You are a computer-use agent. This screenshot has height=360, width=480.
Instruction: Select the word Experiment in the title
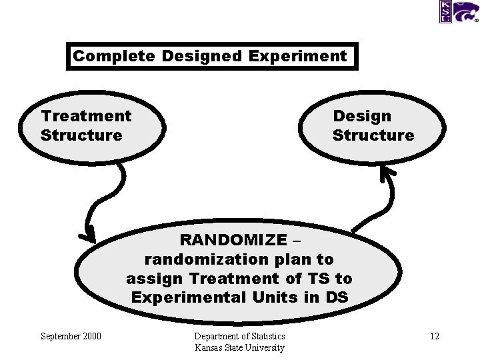[297, 56]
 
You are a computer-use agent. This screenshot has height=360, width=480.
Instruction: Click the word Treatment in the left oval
[86, 116]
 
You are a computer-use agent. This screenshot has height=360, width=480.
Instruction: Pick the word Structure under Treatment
[81, 135]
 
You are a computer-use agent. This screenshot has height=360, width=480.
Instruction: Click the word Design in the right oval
[362, 116]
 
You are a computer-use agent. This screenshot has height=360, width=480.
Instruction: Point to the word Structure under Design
[373, 135]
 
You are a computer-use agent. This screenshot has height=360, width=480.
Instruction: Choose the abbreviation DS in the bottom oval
[337, 297]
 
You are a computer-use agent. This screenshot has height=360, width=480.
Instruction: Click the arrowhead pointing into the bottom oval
[87, 234]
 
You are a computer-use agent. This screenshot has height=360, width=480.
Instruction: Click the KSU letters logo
[445, 11]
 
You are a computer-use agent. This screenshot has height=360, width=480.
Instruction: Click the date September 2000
[71, 336]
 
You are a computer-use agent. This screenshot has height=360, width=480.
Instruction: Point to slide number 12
[434, 336]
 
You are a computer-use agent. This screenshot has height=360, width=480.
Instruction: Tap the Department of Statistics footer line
[239, 336]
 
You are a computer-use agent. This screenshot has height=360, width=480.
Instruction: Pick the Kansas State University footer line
[239, 347]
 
